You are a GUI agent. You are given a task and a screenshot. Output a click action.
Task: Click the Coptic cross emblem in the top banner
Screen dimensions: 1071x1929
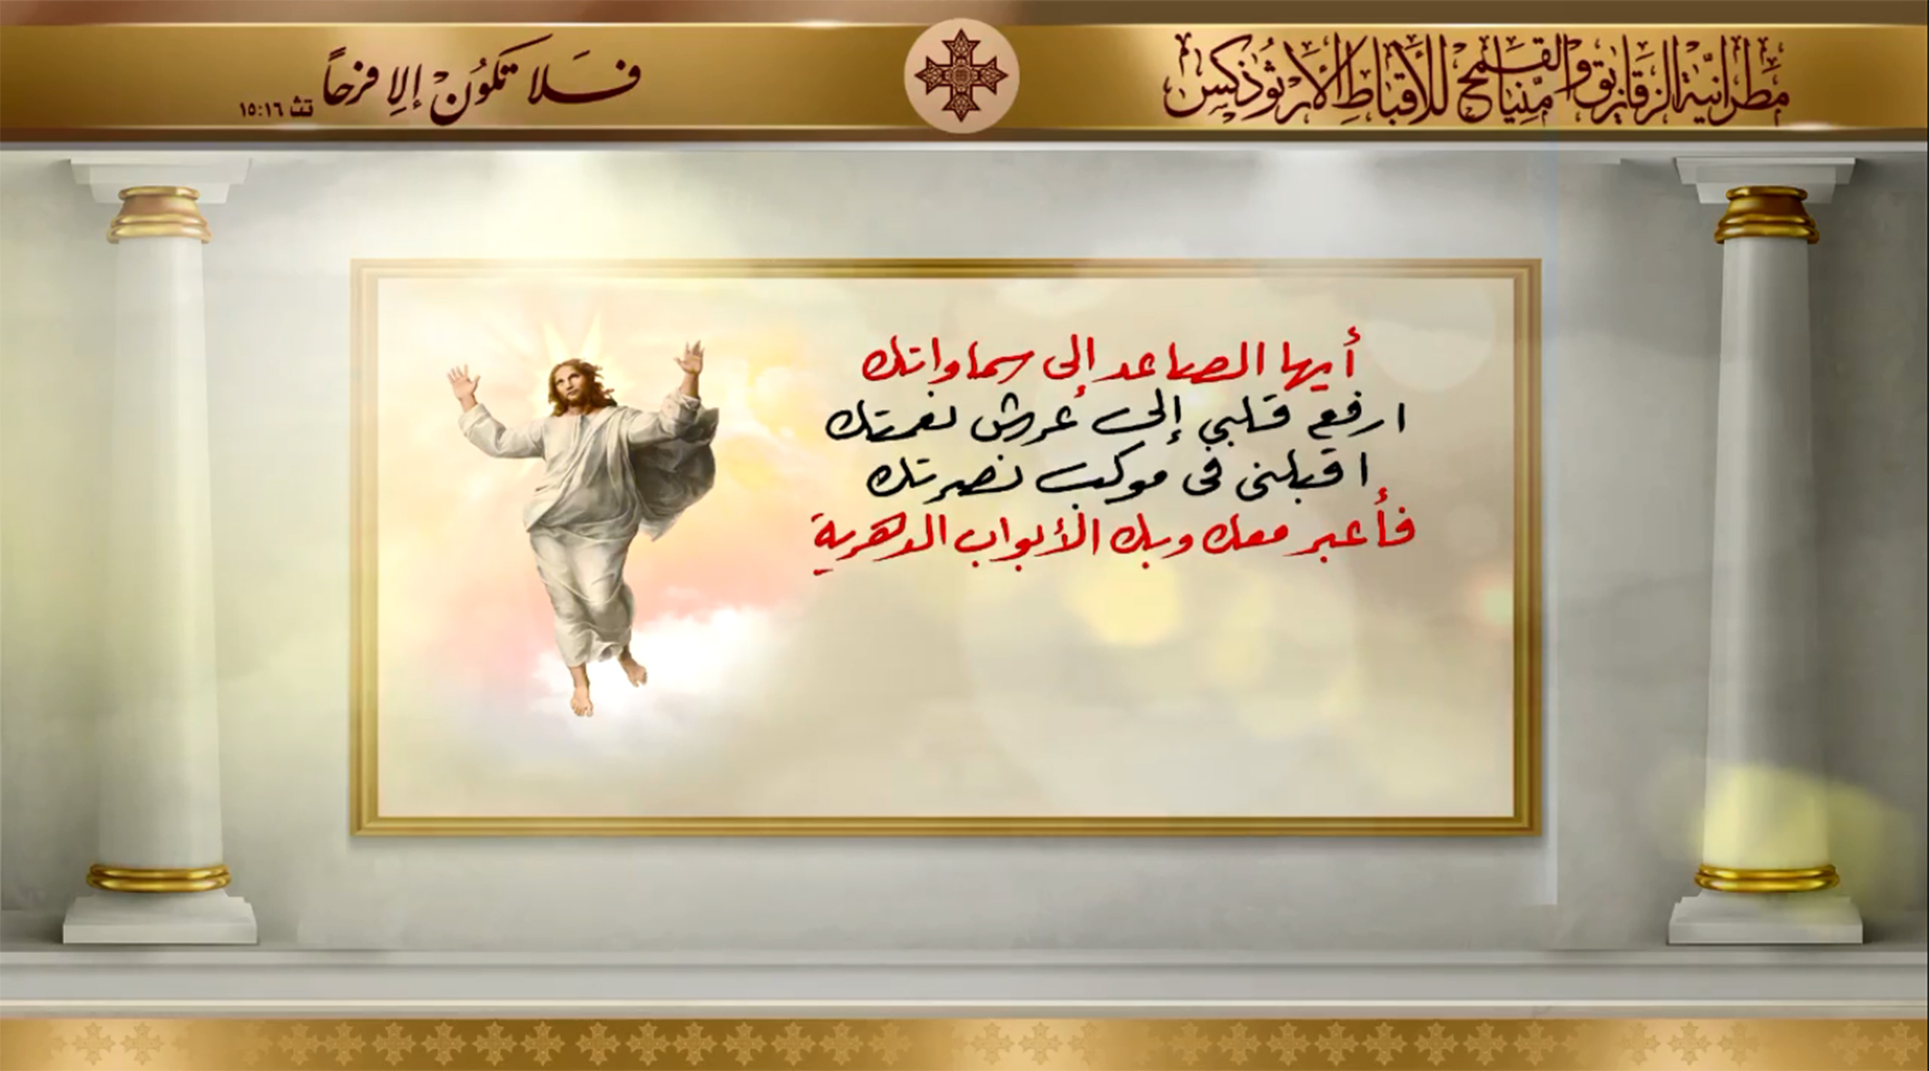click(x=962, y=76)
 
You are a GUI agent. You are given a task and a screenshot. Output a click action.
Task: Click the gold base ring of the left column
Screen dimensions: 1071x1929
click(x=160, y=878)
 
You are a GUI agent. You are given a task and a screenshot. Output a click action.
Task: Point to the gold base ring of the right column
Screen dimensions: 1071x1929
click(x=1766, y=878)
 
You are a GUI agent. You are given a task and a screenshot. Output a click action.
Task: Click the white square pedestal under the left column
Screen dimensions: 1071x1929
click(x=160, y=918)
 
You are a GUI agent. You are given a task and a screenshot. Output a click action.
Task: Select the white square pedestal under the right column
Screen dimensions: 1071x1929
click(x=1766, y=918)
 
